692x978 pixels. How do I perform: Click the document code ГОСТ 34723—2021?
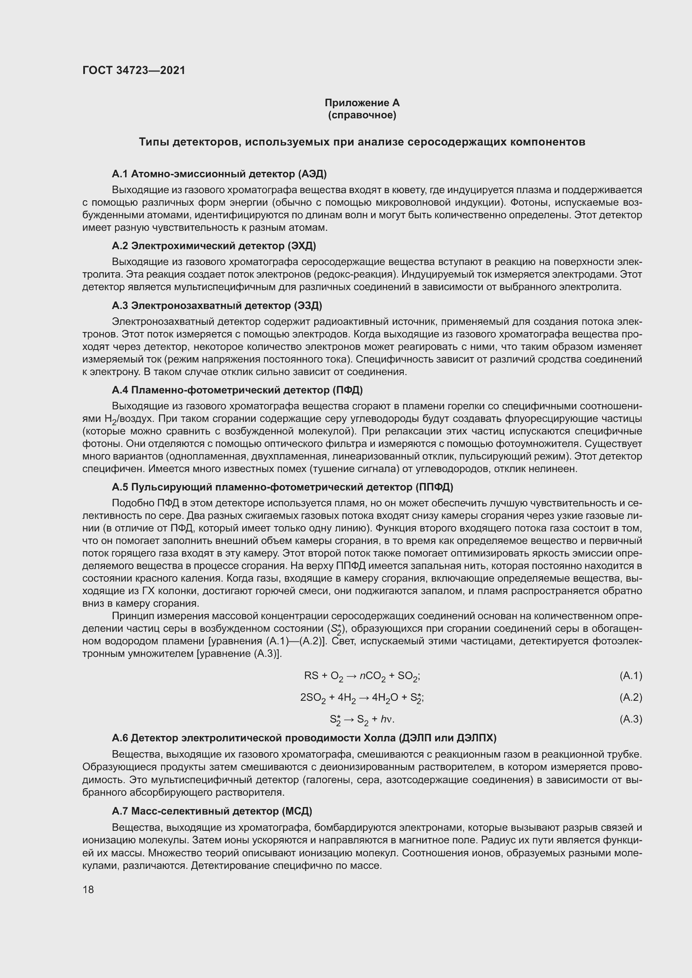134,71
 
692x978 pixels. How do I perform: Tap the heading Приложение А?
362,103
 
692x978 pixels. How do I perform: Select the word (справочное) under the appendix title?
362,115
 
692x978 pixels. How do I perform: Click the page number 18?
88,889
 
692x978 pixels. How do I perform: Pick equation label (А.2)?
630,697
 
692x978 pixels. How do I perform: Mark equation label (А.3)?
630,719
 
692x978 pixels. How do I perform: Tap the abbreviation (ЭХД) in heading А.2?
302,246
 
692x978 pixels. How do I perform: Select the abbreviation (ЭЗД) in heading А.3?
308,305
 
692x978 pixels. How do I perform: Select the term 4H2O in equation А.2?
385,698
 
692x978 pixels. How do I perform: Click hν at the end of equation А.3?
386,720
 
